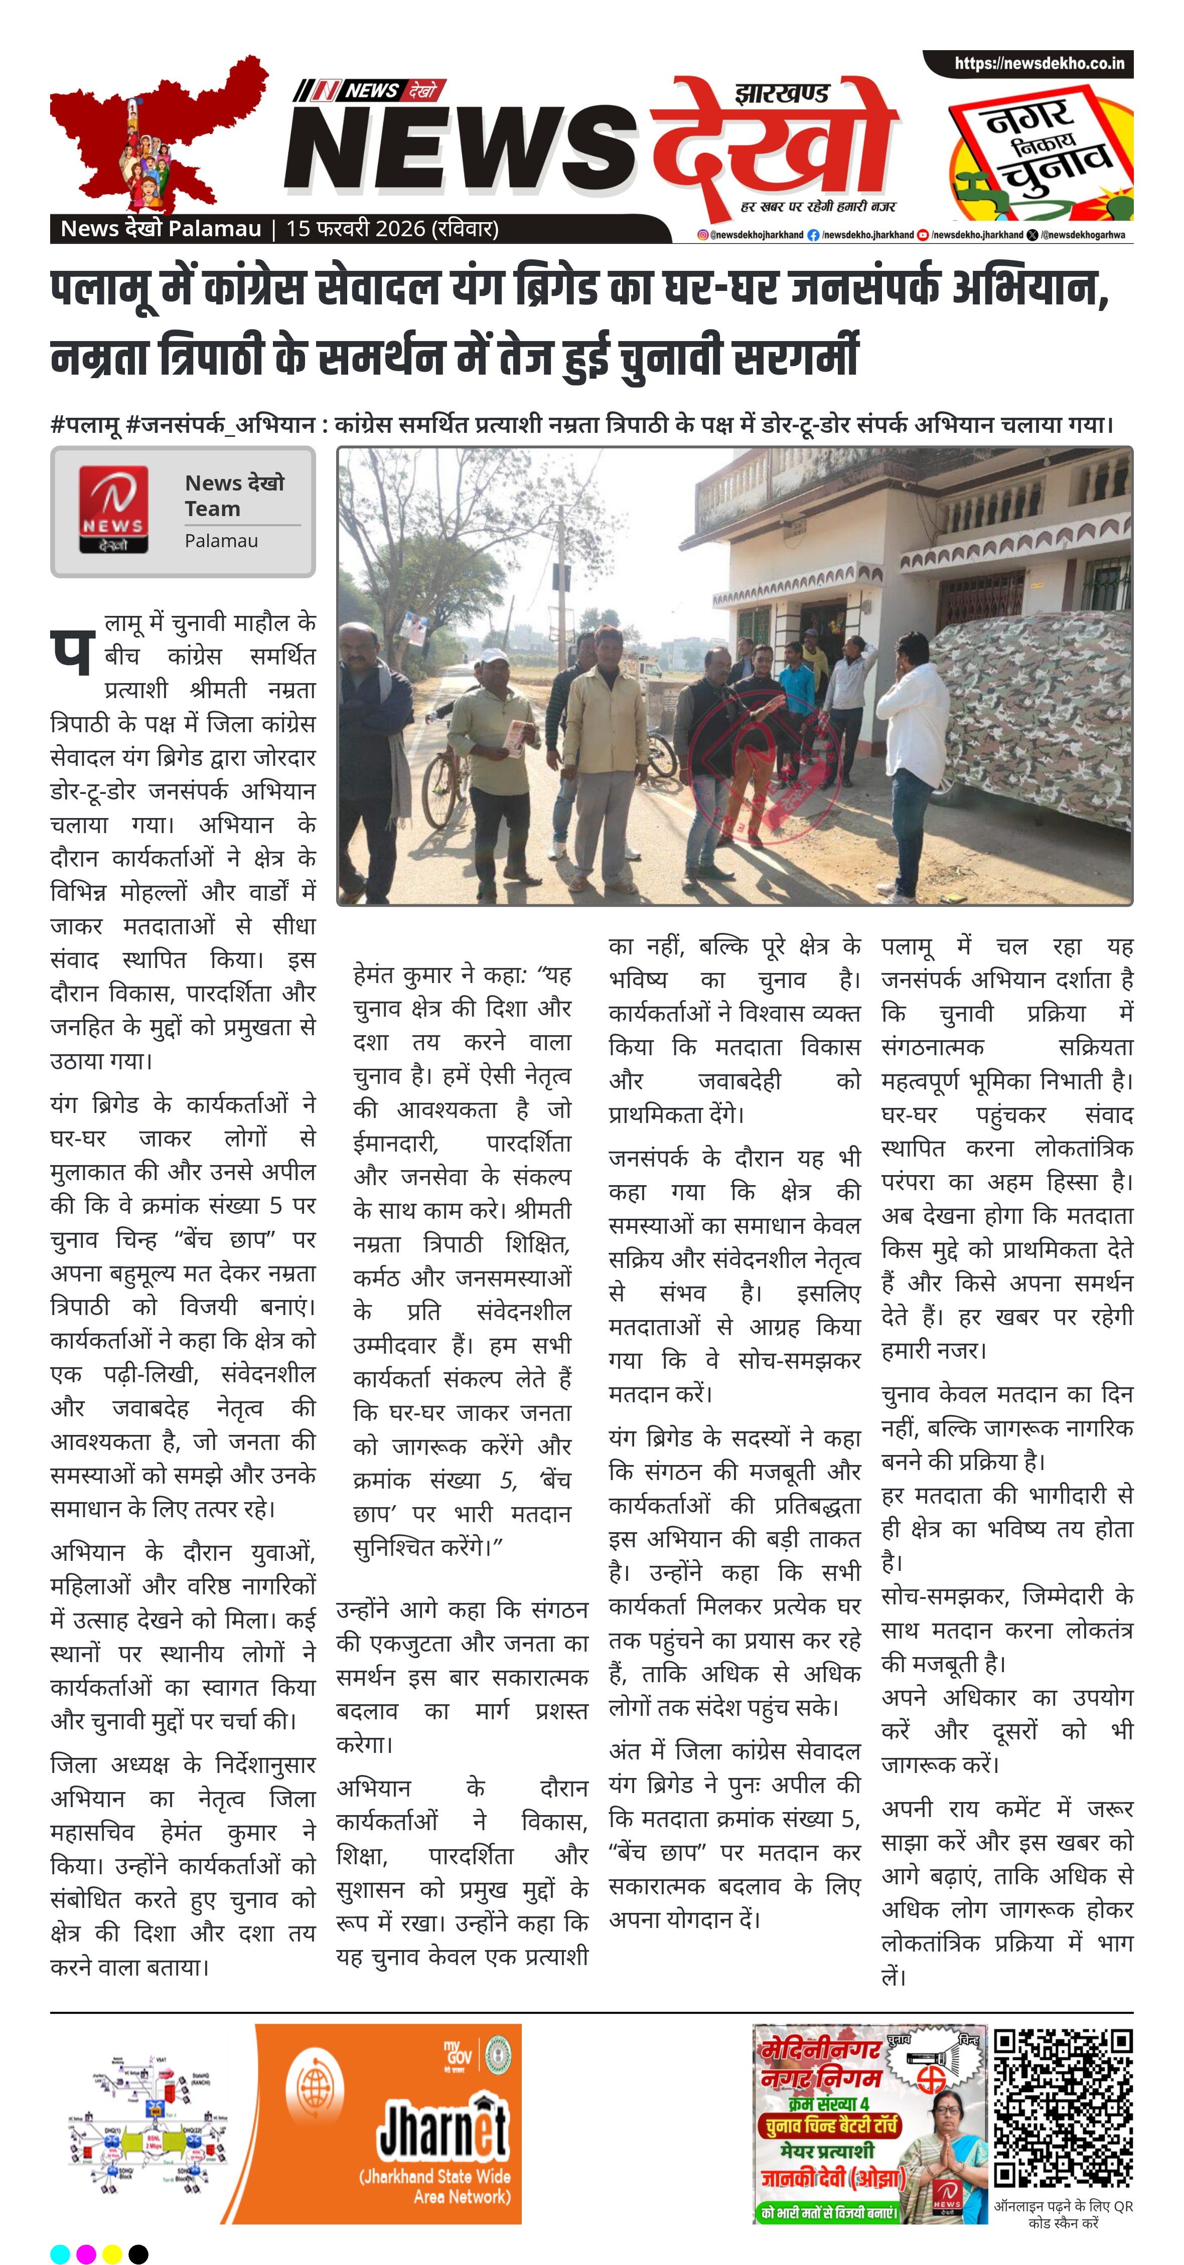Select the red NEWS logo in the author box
pos(113,510)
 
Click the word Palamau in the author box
pos(221,541)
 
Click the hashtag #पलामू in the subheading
pos(85,425)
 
